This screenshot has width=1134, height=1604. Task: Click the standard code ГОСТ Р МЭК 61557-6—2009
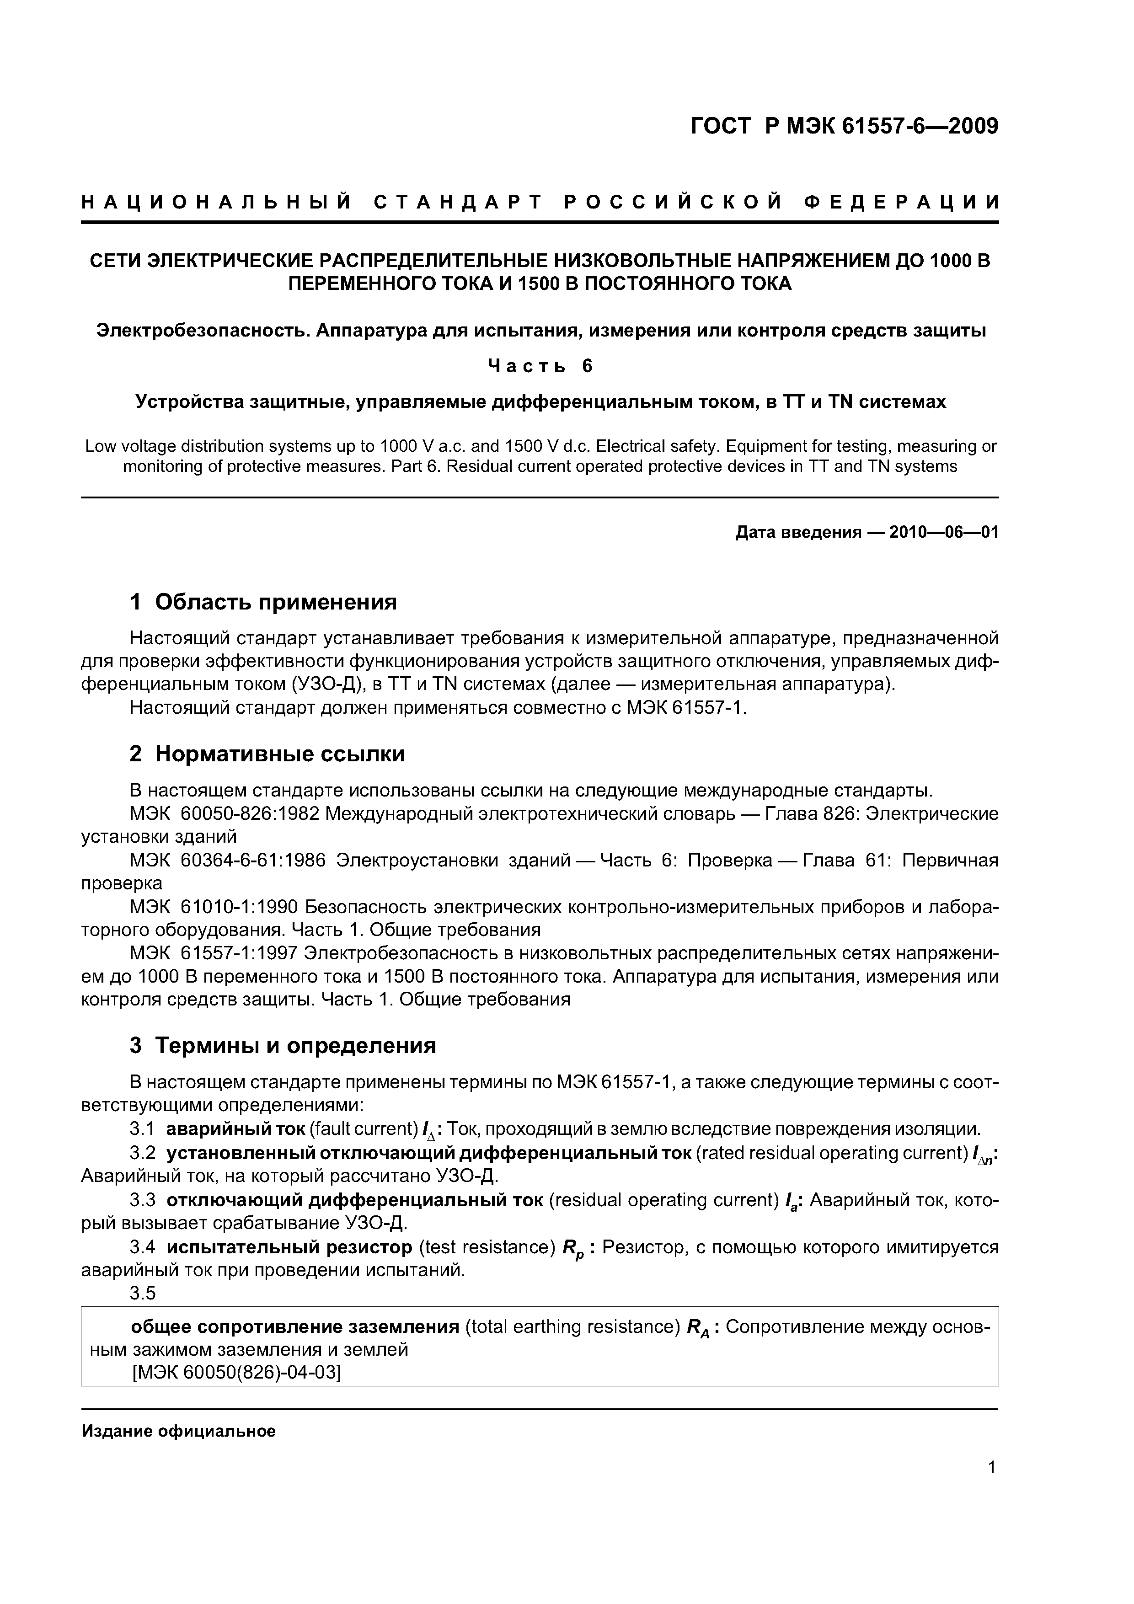(844, 127)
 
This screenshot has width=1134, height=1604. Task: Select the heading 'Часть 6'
(540, 366)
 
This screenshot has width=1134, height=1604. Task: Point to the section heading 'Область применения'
(275, 602)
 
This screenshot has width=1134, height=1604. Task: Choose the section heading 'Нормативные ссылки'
(279, 754)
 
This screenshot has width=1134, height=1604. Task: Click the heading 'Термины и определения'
(295, 1046)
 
